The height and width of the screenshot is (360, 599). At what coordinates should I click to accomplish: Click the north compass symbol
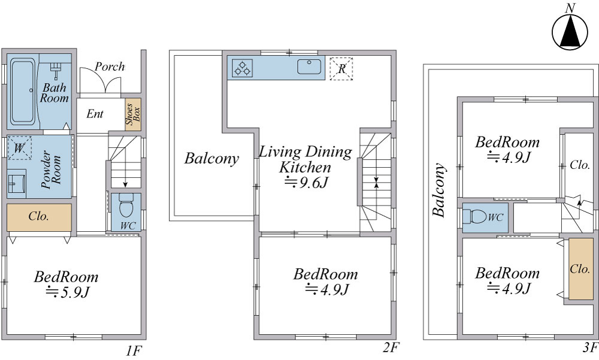(x=570, y=31)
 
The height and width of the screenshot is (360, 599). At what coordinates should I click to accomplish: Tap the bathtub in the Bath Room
(x=23, y=91)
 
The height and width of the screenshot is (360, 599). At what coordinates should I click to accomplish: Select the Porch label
(x=110, y=66)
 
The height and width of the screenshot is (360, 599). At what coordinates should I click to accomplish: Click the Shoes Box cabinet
(x=134, y=114)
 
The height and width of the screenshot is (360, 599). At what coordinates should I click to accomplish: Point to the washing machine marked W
(x=20, y=147)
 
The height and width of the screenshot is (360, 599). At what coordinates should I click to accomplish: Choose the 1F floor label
(x=134, y=350)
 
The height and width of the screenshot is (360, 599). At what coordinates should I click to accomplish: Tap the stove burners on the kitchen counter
(x=243, y=68)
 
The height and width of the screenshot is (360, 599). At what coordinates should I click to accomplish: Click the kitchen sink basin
(x=309, y=67)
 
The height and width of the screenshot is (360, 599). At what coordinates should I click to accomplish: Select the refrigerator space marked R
(x=341, y=69)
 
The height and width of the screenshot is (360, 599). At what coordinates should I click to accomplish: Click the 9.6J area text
(x=306, y=183)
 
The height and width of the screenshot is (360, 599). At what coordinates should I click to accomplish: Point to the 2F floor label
(x=391, y=348)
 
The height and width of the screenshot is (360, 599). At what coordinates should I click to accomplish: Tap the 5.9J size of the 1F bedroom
(x=68, y=292)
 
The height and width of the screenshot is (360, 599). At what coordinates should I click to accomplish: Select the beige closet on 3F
(x=580, y=269)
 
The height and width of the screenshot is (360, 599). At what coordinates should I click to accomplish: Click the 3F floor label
(x=590, y=348)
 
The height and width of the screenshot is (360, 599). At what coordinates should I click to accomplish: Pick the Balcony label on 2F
(x=211, y=158)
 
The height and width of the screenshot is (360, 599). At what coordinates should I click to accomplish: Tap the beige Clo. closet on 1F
(x=39, y=217)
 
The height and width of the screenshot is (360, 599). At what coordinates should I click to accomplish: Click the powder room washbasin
(x=16, y=183)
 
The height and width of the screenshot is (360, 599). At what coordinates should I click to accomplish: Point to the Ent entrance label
(x=95, y=113)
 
